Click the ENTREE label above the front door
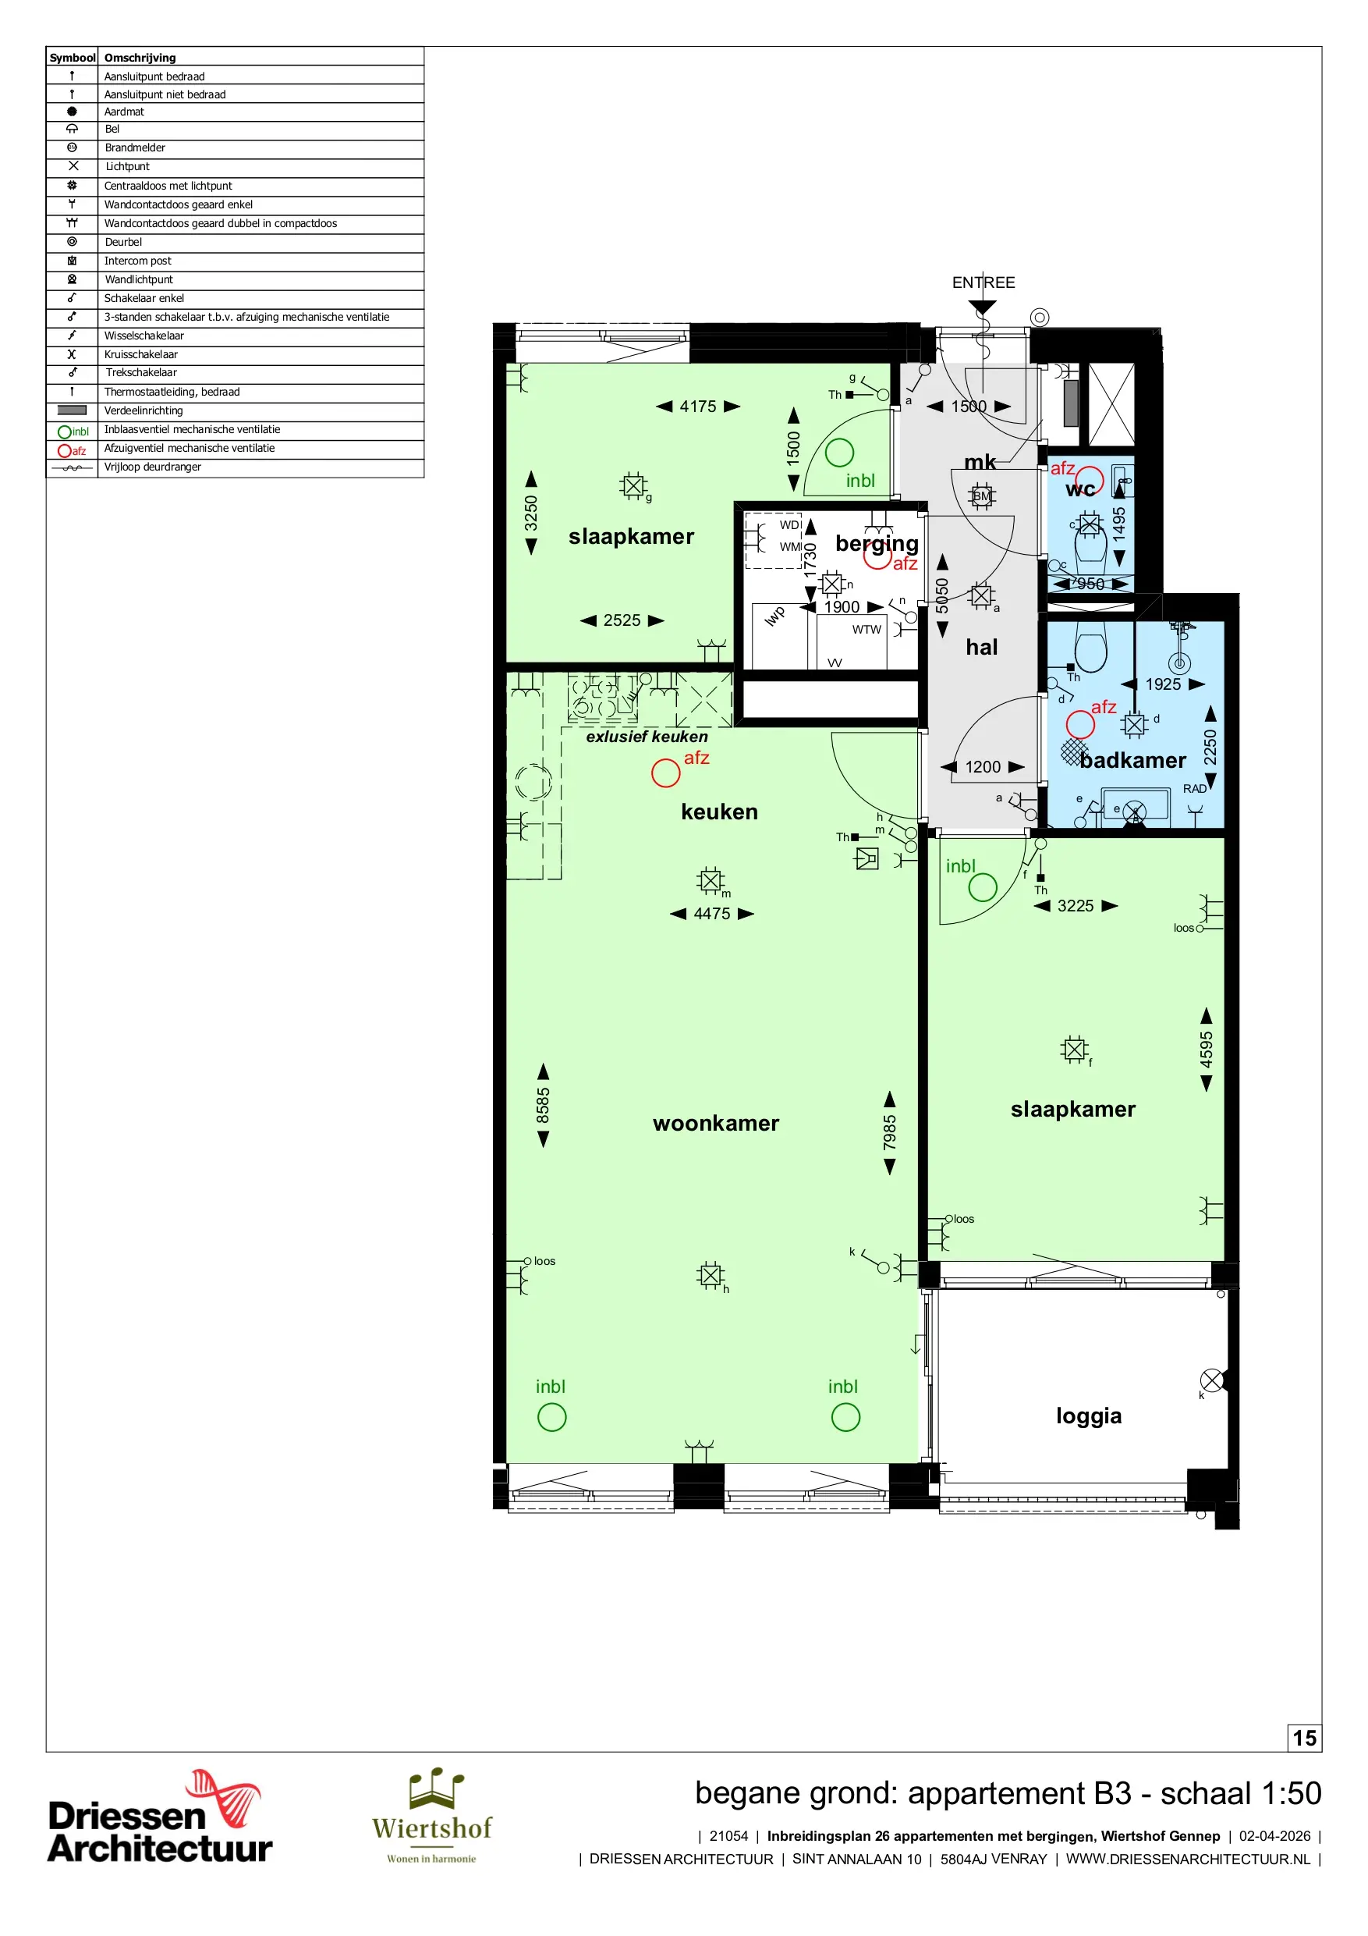pyautogui.click(x=983, y=282)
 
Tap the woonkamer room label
pyautogui.click(x=716, y=1123)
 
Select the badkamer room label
pyautogui.click(x=1132, y=761)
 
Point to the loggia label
pyautogui.click(x=1088, y=1416)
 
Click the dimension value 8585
pyautogui.click(x=543, y=1106)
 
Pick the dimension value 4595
pyautogui.click(x=1207, y=1050)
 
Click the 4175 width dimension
pyautogui.click(x=698, y=407)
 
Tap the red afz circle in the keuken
pyautogui.click(x=665, y=773)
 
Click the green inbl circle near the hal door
pyautogui.click(x=983, y=887)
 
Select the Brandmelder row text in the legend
pyautogui.click(x=135, y=147)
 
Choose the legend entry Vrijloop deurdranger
pyautogui.click(x=153, y=467)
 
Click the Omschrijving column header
pyautogui.click(x=140, y=57)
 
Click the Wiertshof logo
pyautogui.click(x=431, y=1817)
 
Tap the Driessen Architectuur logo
pyautogui.click(x=160, y=1817)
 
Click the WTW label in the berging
pyautogui.click(x=867, y=630)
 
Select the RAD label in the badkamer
pyautogui.click(x=1194, y=789)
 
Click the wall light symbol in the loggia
pyautogui.click(x=1211, y=1380)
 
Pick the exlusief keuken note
pyautogui.click(x=647, y=737)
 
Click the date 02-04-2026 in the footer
pyautogui.click(x=1274, y=1835)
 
